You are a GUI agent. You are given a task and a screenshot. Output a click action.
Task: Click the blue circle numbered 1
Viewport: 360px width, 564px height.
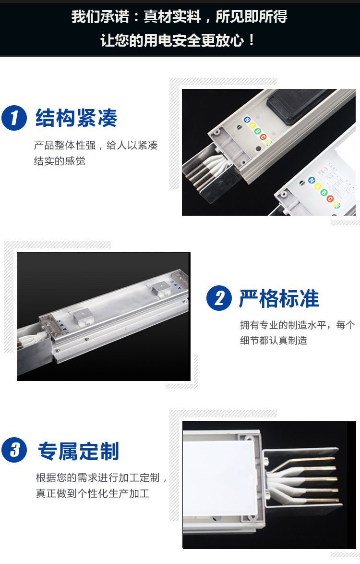coord(14,118)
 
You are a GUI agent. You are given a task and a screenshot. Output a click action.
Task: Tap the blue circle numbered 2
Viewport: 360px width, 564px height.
coord(219,298)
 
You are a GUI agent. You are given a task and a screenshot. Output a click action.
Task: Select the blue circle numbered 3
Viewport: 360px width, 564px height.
coord(14,450)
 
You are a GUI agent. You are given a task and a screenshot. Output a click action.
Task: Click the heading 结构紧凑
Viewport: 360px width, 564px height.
coord(76,118)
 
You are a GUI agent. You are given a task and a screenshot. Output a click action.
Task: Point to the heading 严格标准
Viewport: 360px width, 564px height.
coord(279,298)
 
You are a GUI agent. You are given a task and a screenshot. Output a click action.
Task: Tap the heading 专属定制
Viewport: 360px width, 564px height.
coord(78,451)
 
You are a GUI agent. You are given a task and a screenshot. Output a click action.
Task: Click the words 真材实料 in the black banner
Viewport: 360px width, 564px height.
coord(172,16)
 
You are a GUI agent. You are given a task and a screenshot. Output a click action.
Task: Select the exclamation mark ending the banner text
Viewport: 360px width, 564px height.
coord(251,40)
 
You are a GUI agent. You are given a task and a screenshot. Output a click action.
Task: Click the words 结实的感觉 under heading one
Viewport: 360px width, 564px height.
coord(60,161)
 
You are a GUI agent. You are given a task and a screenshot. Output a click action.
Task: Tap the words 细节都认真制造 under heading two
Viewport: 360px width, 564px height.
coord(274,340)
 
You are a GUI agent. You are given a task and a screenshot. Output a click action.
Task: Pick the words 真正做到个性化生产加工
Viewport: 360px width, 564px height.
coord(93,493)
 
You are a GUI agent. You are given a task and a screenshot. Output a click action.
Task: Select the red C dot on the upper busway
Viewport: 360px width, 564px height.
coord(263,137)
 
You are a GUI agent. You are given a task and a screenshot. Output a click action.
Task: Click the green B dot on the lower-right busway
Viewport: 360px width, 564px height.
coord(324,193)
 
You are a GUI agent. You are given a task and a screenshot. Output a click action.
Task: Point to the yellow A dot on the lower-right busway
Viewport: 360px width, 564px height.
coord(318,186)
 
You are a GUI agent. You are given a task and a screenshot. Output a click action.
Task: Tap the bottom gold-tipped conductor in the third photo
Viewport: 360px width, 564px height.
coord(309,500)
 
